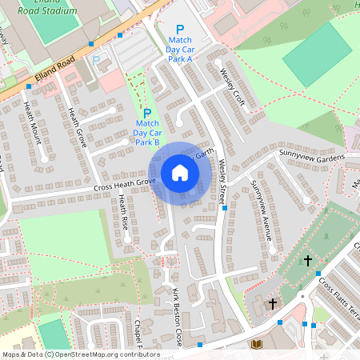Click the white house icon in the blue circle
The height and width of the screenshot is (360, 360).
pyautogui.click(x=180, y=173)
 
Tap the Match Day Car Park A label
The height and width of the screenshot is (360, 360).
pyautogui.click(x=179, y=49)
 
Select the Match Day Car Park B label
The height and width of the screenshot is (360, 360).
pyautogui.click(x=147, y=133)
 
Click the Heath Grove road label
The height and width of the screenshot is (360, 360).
pyautogui.click(x=77, y=127)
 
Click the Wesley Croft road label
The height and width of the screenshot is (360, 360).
pyautogui.click(x=231, y=86)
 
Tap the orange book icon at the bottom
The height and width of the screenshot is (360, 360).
pyautogui.click(x=256, y=345)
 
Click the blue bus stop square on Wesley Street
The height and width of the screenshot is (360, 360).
pyautogui.click(x=225, y=208)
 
